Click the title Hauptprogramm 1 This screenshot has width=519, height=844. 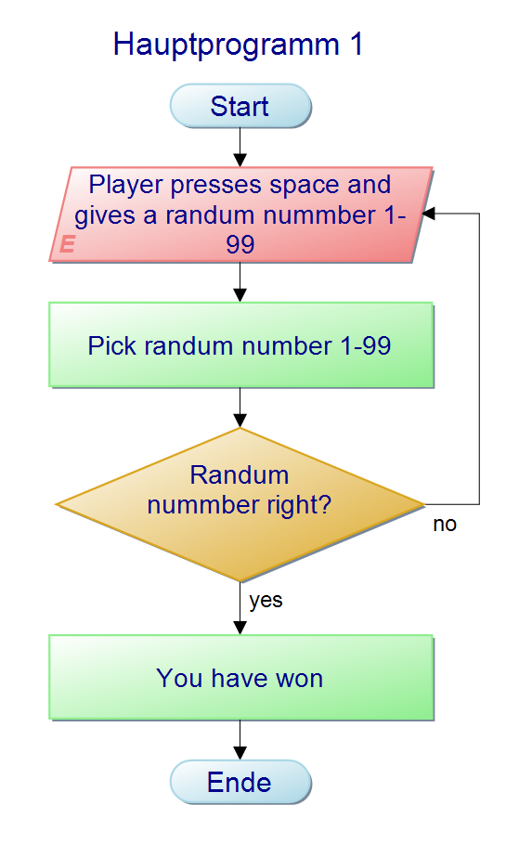(x=238, y=45)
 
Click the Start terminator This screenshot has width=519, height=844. (x=240, y=106)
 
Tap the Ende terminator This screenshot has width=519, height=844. (x=240, y=782)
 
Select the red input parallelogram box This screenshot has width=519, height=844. (x=240, y=214)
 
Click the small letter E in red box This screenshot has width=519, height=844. (x=67, y=244)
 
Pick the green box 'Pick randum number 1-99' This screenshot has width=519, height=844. (x=240, y=345)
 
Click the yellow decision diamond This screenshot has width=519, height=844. (x=240, y=504)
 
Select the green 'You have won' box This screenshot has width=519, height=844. (x=240, y=678)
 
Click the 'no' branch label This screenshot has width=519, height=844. (x=445, y=525)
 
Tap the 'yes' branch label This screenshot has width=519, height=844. (x=266, y=601)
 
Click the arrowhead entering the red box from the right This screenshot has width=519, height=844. (x=428, y=214)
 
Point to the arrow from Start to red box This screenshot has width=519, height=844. (x=240, y=147)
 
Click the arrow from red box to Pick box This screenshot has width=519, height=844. (x=240, y=283)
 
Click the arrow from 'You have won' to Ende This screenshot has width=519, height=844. (x=240, y=740)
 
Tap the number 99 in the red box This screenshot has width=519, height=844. (x=240, y=244)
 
